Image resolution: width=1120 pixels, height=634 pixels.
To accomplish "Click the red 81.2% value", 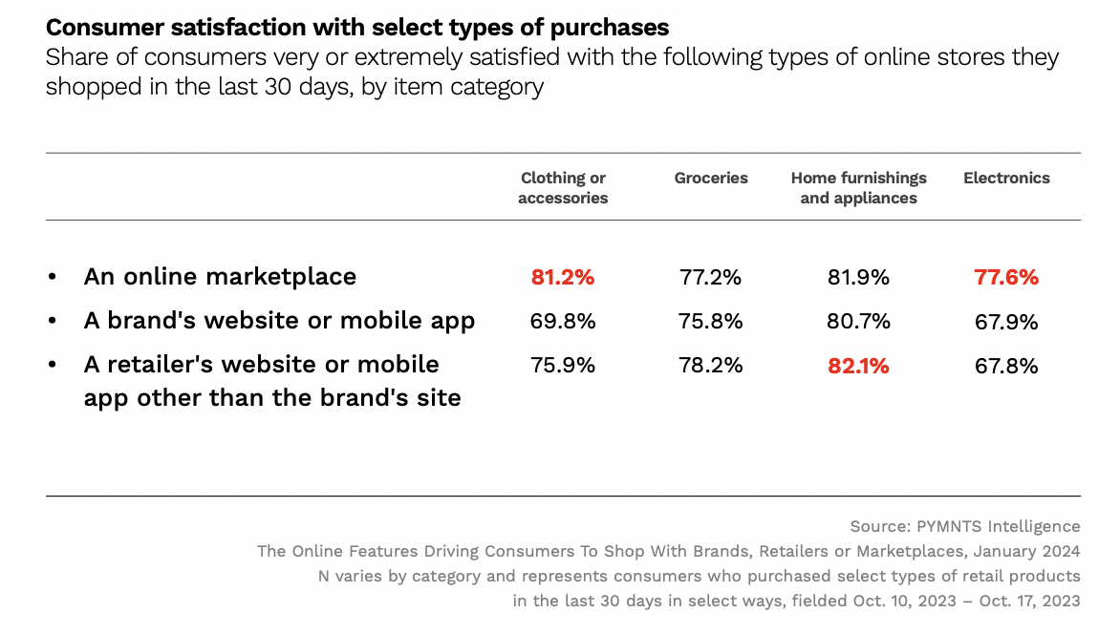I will (x=563, y=278).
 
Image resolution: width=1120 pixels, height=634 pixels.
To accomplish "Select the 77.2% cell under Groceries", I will (x=710, y=278).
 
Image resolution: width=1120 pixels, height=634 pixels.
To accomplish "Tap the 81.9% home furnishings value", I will (x=858, y=278).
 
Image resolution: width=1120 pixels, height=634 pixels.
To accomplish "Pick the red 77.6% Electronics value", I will (x=1006, y=278).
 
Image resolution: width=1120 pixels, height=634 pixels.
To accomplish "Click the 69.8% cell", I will (x=563, y=322).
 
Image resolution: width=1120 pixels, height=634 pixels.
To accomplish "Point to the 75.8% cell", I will (x=710, y=322).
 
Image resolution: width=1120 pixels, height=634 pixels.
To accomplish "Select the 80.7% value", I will (x=858, y=322).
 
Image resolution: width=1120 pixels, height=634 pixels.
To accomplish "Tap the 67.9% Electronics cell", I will (x=1006, y=322).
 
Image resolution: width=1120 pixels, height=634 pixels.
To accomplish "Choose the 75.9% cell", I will (x=563, y=366).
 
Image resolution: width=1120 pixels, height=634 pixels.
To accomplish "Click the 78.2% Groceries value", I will (x=710, y=366).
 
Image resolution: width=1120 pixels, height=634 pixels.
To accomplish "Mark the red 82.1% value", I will (x=858, y=366).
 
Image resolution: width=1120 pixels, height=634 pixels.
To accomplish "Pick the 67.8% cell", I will (x=1006, y=366).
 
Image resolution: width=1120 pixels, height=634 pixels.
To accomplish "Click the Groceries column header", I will (x=711, y=178).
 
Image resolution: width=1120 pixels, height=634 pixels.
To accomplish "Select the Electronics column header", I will (x=1006, y=178).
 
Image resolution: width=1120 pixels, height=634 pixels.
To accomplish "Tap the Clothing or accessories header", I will (x=563, y=188).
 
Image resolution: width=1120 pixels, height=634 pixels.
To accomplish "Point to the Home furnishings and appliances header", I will (x=858, y=188).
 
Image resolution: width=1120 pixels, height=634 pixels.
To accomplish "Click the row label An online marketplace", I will (x=220, y=277).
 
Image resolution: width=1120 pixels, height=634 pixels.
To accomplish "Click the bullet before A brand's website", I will (x=53, y=322).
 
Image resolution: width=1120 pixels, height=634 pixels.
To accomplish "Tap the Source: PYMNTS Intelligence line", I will (x=964, y=526).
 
